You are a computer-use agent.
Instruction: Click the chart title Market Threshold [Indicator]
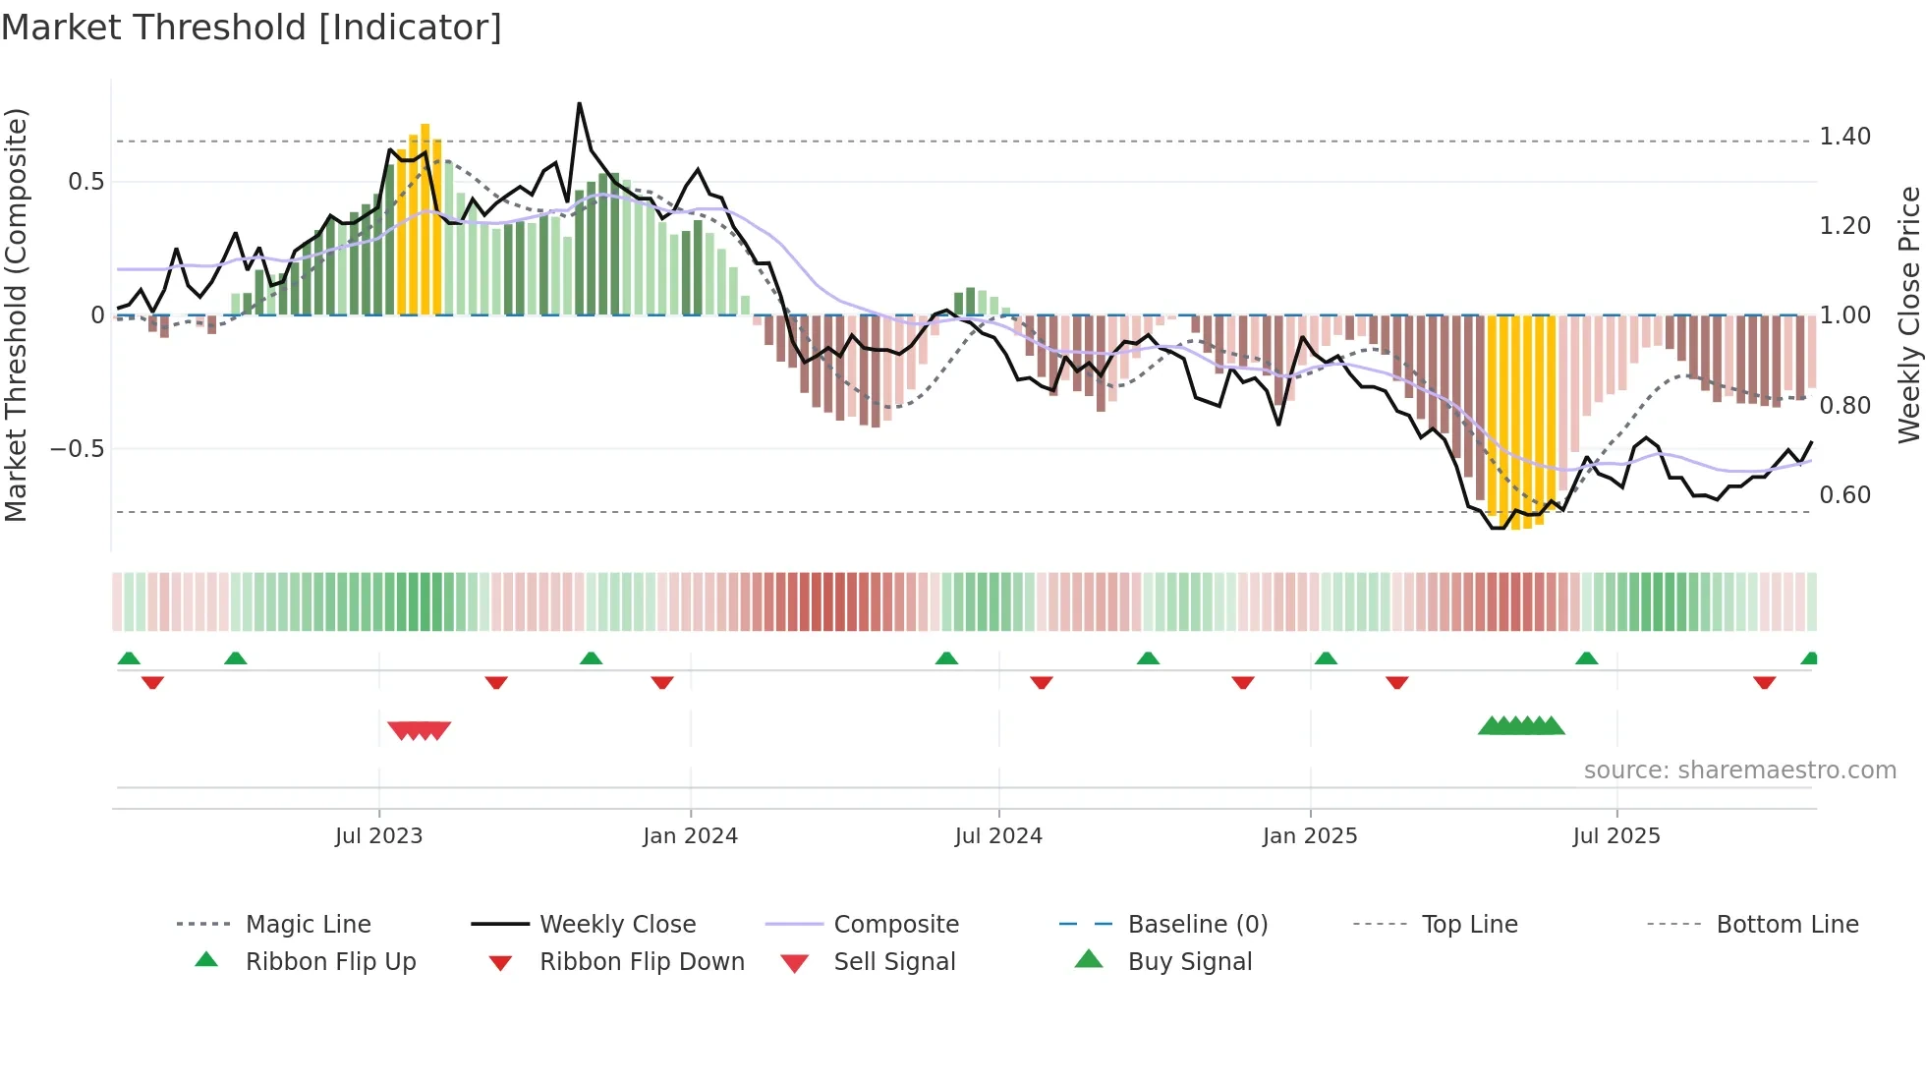252,28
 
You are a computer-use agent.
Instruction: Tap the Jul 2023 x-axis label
378,836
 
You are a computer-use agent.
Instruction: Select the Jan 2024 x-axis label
690,836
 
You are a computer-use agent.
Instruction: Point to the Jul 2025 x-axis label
1615,836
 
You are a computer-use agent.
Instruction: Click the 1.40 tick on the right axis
1844,137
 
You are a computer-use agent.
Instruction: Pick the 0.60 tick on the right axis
1844,495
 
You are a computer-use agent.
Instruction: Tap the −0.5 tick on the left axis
77,449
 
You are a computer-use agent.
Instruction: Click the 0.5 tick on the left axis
85,182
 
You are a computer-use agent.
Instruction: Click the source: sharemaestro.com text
1739,770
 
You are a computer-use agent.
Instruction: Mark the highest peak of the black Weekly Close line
580,103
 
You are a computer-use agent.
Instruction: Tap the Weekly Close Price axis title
1908,314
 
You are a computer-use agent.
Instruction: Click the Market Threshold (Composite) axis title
16,314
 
